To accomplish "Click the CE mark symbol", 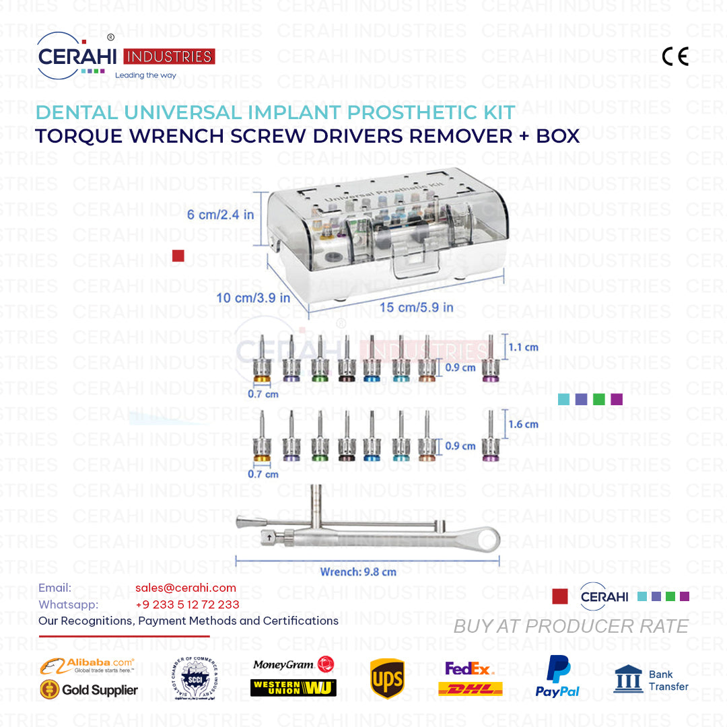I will (675, 57).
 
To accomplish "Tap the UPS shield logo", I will (387, 679).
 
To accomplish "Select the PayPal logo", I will (557, 677).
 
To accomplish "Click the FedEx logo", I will (469, 668).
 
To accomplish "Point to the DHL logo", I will (470, 689).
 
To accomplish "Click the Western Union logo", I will (293, 687).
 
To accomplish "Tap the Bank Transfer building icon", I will (627, 679).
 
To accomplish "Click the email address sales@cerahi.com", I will (186, 588).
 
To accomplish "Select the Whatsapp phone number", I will (187, 604).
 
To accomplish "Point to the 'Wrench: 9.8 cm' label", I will (357, 572).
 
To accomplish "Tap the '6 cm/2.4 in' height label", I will (220, 215).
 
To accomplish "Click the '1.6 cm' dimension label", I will (523, 424).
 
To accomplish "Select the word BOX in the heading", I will (557, 135).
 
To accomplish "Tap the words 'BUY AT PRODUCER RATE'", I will (571, 626).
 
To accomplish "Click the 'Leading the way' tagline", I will (145, 75).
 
